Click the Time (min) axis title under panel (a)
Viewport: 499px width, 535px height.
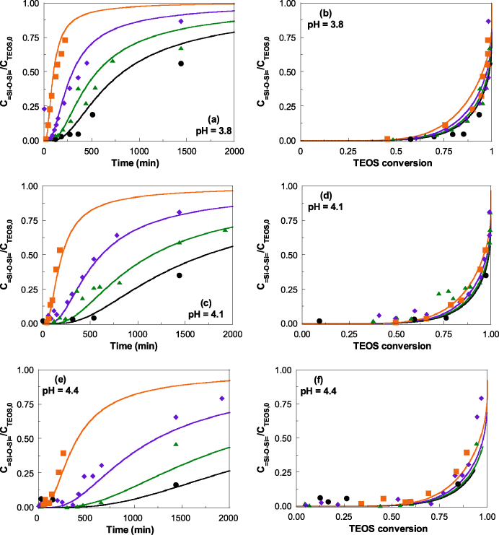pos(136,163)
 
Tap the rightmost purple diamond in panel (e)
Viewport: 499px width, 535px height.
pos(222,399)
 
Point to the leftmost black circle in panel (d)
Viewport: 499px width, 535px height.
pos(319,321)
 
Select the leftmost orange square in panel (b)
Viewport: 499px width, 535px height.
pos(387,139)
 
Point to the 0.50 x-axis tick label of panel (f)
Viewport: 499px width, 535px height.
pos(392,518)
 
